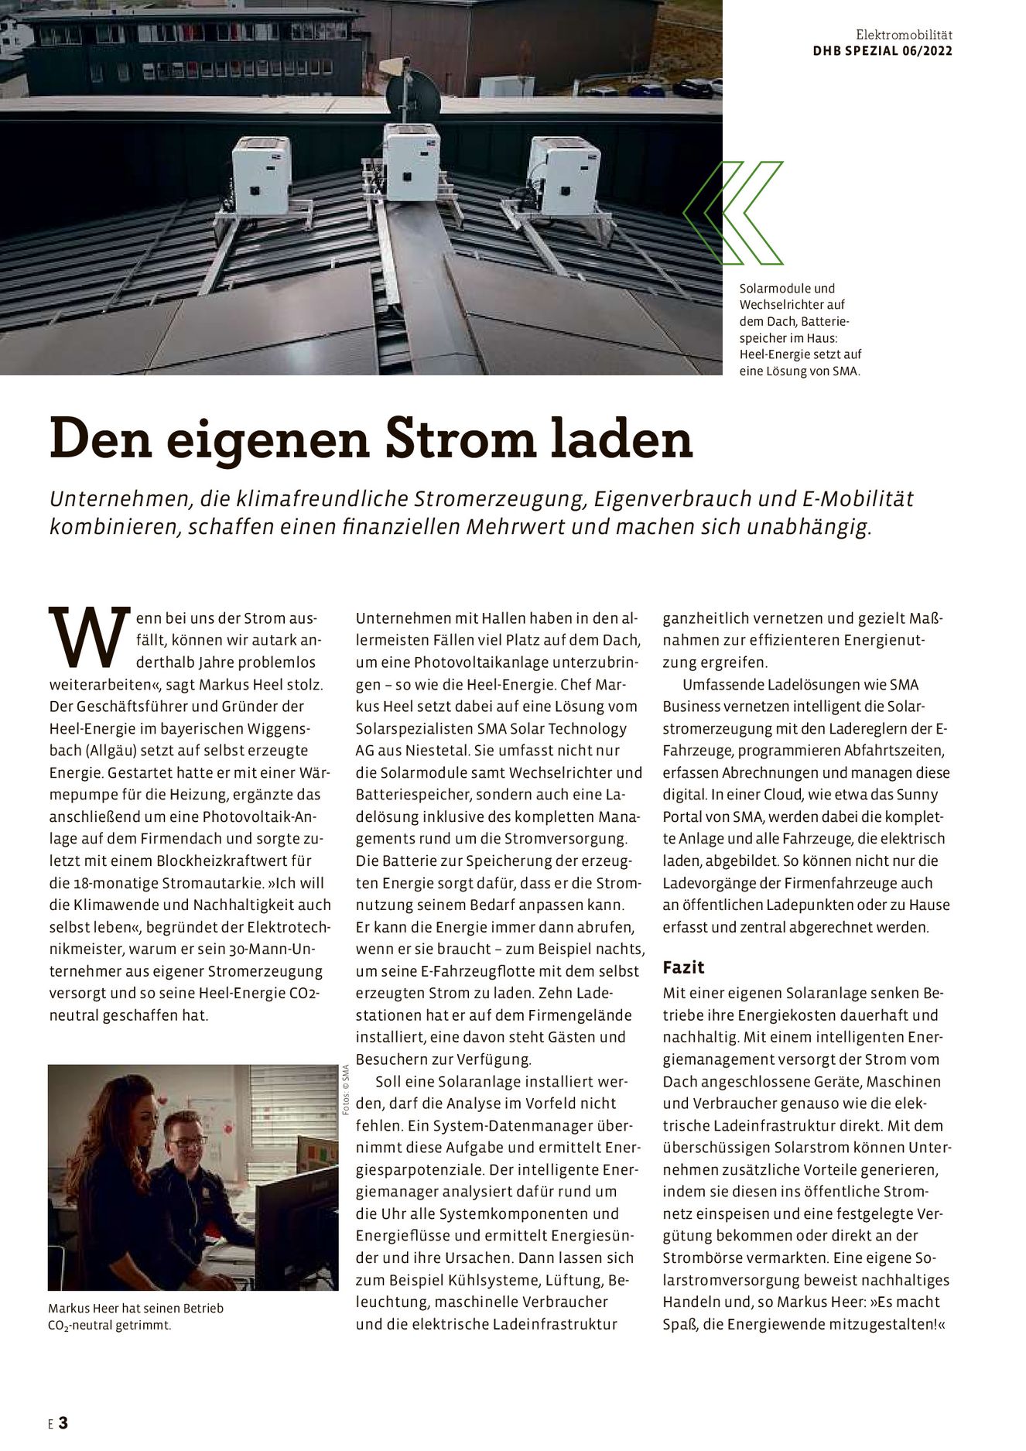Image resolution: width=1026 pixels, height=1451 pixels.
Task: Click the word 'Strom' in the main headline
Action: click(x=460, y=439)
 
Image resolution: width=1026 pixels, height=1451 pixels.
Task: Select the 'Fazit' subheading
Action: click(x=683, y=967)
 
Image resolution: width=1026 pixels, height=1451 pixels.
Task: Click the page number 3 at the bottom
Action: click(x=63, y=1422)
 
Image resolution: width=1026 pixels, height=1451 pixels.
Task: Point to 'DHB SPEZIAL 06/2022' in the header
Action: click(x=882, y=51)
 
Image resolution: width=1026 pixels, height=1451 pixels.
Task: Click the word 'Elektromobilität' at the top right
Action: click(x=904, y=35)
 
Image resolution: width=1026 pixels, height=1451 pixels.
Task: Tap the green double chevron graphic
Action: click(x=733, y=212)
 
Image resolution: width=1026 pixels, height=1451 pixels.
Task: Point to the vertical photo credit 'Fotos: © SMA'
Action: click(x=346, y=1090)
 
